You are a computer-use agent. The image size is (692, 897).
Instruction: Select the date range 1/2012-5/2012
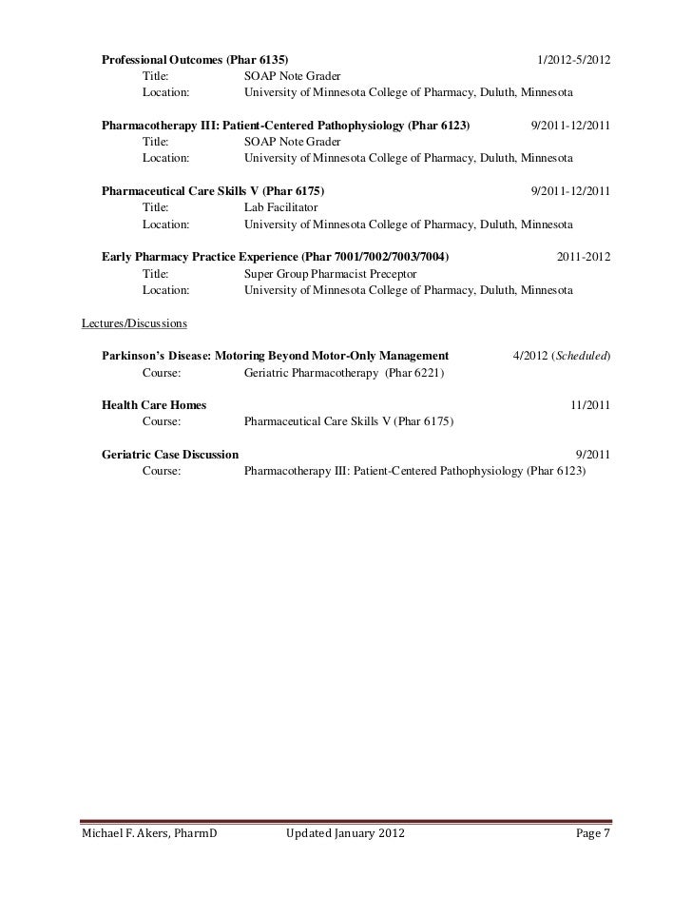pos(573,62)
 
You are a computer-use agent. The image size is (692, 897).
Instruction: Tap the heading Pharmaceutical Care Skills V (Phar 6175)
pos(212,190)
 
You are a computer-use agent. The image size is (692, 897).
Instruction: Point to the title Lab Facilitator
pos(281,206)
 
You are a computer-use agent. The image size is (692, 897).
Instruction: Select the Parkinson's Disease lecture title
pos(275,356)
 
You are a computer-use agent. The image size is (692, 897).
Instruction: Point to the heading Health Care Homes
pos(153,405)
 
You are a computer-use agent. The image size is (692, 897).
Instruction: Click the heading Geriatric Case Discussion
pos(170,454)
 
